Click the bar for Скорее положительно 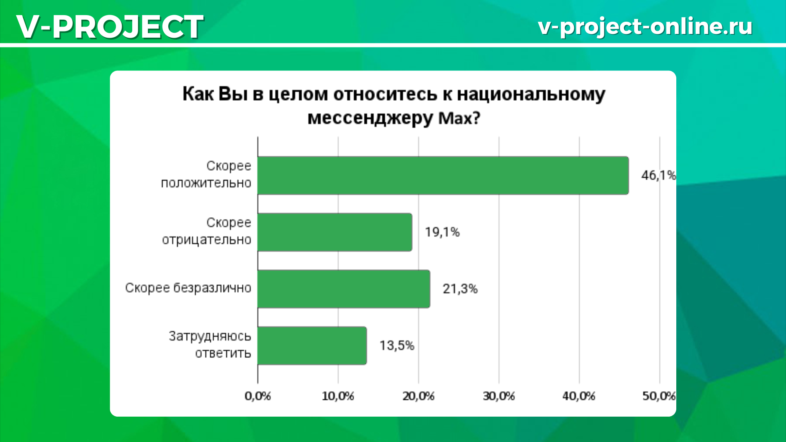click(x=443, y=175)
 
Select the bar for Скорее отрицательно click(x=335, y=232)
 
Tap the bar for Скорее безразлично click(x=344, y=289)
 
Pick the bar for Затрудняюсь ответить click(x=312, y=345)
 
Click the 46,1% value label click(x=658, y=175)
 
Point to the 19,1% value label click(x=442, y=232)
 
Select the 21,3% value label click(x=460, y=289)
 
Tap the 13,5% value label click(x=397, y=345)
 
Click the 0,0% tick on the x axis click(x=258, y=396)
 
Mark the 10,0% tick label click(x=338, y=396)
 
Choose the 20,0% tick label click(x=418, y=396)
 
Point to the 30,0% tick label click(x=499, y=396)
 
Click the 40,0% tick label click(x=579, y=396)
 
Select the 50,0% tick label click(x=659, y=396)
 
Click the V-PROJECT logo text click(x=110, y=27)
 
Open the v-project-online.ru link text click(x=645, y=27)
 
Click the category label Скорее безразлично click(x=188, y=288)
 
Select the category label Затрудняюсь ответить click(x=210, y=345)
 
